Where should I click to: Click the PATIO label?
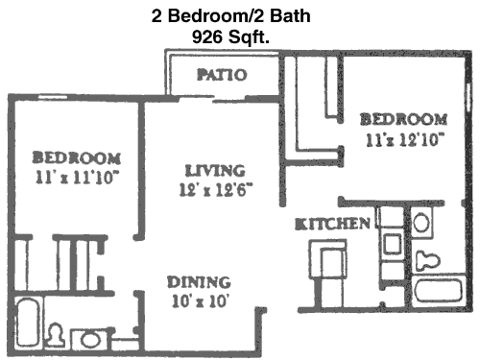pyautogui.click(x=222, y=75)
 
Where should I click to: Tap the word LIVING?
pyautogui.click(x=215, y=171)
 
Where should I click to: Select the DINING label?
pyautogui.click(x=199, y=282)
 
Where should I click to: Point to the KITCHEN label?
pyautogui.click(x=332, y=224)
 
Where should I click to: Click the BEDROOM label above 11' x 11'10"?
pyautogui.click(x=77, y=157)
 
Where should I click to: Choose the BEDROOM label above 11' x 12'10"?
pyautogui.click(x=404, y=119)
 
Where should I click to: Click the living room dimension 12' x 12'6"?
pyautogui.click(x=216, y=189)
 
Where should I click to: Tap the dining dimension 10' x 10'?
pyautogui.click(x=201, y=300)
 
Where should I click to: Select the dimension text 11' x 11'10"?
pyautogui.click(x=77, y=177)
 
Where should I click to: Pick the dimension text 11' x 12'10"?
pyautogui.click(x=405, y=139)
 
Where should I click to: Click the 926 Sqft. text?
pyautogui.click(x=230, y=36)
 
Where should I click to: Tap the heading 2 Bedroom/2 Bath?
pyautogui.click(x=230, y=15)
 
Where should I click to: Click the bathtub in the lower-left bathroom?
pyautogui.click(x=27, y=322)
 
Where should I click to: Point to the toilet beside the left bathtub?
pyautogui.click(x=56, y=335)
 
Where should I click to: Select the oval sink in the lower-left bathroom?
pyautogui.click(x=90, y=340)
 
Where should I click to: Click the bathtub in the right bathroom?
pyautogui.click(x=438, y=291)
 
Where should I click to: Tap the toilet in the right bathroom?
pyautogui.click(x=427, y=261)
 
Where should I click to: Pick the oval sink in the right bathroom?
pyautogui.click(x=421, y=223)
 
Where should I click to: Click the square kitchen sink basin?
pyautogui.click(x=392, y=244)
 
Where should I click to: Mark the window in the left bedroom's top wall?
pyautogui.click(x=53, y=97)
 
